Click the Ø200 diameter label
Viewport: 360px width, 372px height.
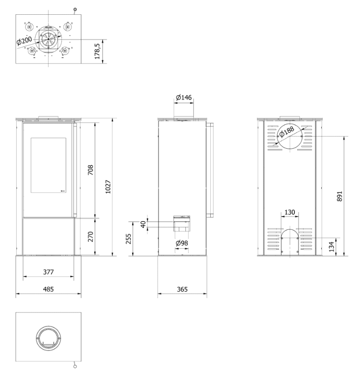(24, 41)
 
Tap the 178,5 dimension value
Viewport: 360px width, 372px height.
(98, 52)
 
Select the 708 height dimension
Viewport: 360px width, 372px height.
(91, 170)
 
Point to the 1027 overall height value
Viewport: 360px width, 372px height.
(108, 187)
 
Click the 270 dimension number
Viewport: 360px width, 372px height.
(91, 236)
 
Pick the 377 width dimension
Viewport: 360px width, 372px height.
(49, 272)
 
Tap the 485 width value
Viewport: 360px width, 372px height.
(49, 289)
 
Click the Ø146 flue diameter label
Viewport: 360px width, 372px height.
(183, 97)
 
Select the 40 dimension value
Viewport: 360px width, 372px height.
(143, 224)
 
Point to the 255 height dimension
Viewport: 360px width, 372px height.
(128, 239)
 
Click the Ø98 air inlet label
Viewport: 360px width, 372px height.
(182, 243)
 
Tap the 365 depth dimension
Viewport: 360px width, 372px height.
(182, 289)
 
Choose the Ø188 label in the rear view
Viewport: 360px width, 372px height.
(287, 132)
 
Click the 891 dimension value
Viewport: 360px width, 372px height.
(340, 196)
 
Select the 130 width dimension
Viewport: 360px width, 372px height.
(290, 212)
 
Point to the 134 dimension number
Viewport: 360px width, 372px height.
(332, 247)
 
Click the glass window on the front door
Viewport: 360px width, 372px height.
(49, 165)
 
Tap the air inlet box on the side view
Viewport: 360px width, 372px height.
(182, 224)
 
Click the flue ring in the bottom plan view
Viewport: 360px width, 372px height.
(37, 338)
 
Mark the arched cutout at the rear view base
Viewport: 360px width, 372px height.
(290, 229)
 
